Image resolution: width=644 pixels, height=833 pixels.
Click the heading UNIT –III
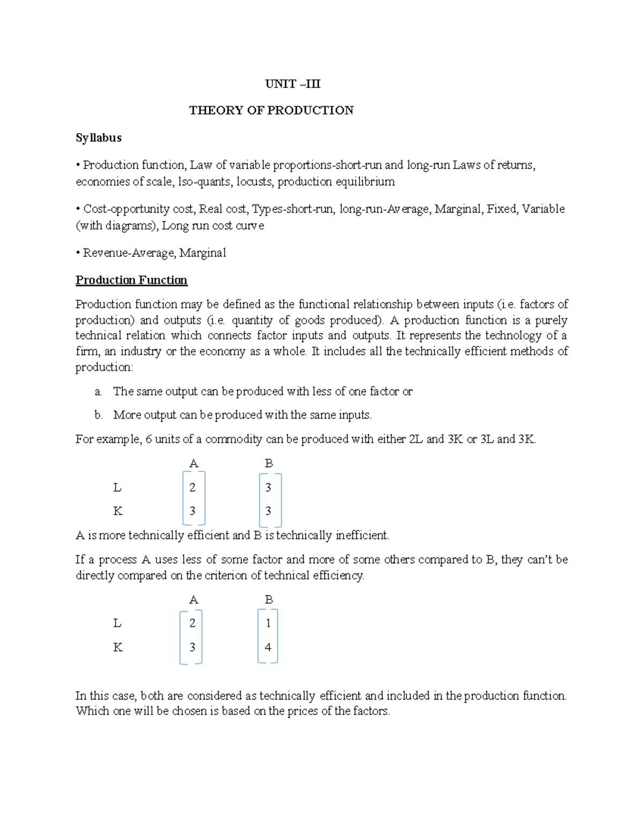pyautogui.click(x=292, y=84)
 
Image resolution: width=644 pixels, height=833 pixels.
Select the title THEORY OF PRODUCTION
pyautogui.click(x=271, y=110)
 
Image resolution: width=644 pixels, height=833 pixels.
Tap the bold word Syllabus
pyautogui.click(x=98, y=138)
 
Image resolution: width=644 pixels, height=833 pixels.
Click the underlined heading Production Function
pyautogui.click(x=131, y=280)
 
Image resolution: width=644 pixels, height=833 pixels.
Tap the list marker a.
pyautogui.click(x=98, y=392)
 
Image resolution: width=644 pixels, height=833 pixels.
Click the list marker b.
pyautogui.click(x=98, y=415)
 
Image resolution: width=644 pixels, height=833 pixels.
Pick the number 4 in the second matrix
pyautogui.click(x=268, y=647)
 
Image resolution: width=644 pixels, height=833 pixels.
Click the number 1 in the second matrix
pyautogui.click(x=268, y=623)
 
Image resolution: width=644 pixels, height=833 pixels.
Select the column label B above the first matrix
pyautogui.click(x=269, y=463)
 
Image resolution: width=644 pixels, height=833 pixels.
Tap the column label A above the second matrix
pyautogui.click(x=194, y=600)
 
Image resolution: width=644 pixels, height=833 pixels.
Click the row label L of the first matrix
pyautogui.click(x=117, y=488)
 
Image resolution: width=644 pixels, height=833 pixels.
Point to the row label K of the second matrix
pyautogui.click(x=118, y=647)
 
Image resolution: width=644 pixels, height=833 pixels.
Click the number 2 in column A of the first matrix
pyautogui.click(x=192, y=488)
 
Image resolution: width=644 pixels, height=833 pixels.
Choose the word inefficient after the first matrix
pyautogui.click(x=361, y=535)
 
